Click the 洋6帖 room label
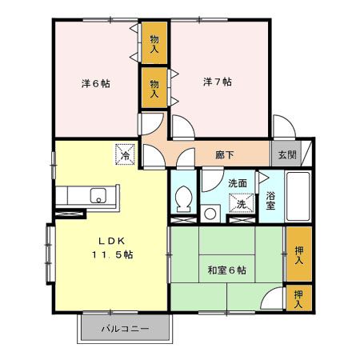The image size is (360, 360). pyautogui.click(x=94, y=82)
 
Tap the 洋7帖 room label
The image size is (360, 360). pyautogui.click(x=217, y=82)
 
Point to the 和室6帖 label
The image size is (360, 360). pyautogui.click(x=228, y=270)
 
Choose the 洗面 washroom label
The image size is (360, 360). pyautogui.click(x=238, y=183)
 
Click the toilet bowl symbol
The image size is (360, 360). pyautogui.click(x=183, y=197)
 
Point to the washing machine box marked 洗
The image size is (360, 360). pyautogui.click(x=241, y=203)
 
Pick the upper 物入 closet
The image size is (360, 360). pyautogui.click(x=154, y=43)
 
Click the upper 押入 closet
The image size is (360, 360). pyautogui.click(x=298, y=254)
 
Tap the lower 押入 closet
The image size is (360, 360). pyautogui.click(x=298, y=298)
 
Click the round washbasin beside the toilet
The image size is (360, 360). pyautogui.click(x=210, y=213)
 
